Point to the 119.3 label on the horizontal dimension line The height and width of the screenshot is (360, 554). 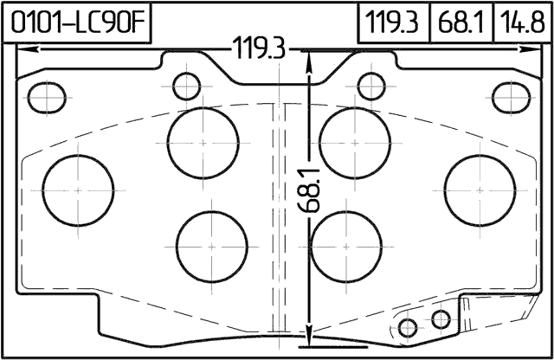point(257,51)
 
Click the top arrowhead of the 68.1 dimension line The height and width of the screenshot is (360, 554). point(310,55)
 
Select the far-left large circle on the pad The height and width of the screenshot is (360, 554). point(79,188)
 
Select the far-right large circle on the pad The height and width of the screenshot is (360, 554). point(480,188)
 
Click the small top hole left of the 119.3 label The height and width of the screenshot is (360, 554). point(186,86)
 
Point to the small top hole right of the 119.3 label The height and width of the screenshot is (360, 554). point(370,86)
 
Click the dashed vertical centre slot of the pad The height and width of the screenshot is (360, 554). point(278,216)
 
